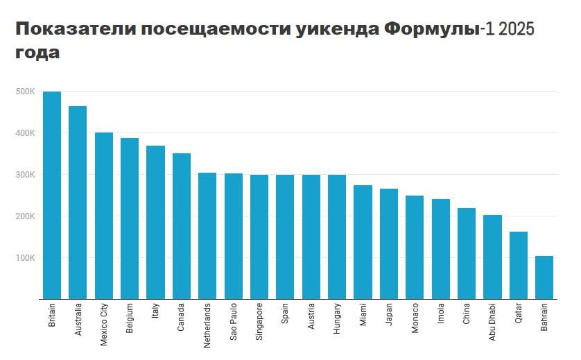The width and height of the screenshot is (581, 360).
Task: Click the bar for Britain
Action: (x=52, y=195)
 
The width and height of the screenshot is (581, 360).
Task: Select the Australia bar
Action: (x=78, y=203)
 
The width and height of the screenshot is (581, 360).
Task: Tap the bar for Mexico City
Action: (x=104, y=216)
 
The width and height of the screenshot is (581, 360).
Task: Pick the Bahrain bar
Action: (x=544, y=277)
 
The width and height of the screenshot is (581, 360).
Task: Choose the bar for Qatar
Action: (x=519, y=265)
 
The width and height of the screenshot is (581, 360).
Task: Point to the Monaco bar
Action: (x=415, y=247)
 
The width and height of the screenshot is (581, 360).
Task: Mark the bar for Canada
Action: (x=182, y=226)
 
